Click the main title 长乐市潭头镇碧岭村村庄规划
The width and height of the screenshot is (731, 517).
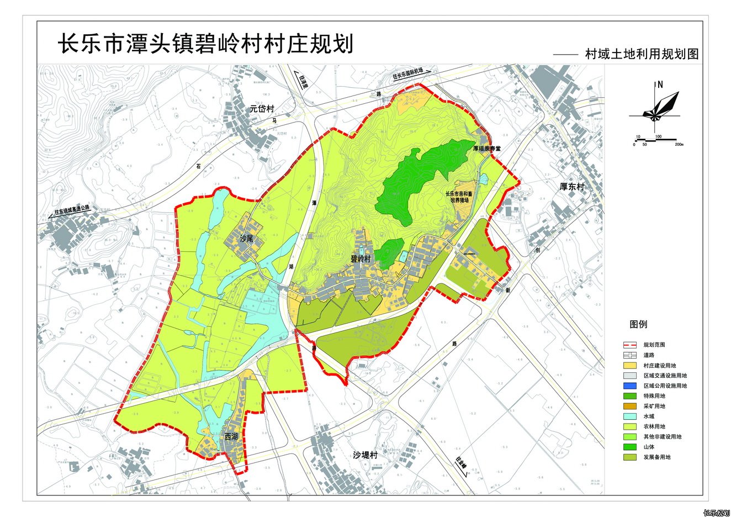pos(205,44)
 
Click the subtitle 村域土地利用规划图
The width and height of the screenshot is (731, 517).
pos(642,54)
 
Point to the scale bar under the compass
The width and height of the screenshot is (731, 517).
pos(657,141)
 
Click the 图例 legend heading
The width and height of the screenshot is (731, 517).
pos(638,325)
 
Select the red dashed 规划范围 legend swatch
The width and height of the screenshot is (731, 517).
pos(630,345)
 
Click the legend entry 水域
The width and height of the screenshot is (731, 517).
pos(649,416)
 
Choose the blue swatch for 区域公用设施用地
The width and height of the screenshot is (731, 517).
pos(630,386)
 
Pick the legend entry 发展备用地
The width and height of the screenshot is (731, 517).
pos(656,457)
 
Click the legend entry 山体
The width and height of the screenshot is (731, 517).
pos(649,447)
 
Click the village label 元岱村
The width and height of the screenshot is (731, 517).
pos(262,109)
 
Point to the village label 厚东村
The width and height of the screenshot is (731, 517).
pos(571,187)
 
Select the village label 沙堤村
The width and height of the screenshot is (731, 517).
pos(365,455)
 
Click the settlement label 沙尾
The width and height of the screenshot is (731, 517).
pos(246,239)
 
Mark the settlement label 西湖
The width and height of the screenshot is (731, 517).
pos(231,436)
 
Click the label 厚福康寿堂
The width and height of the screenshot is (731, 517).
pos(486,149)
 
